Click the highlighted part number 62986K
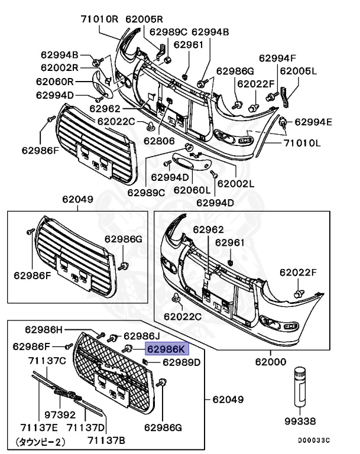167,349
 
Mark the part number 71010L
302,143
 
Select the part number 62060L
192,190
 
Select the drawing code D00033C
313,440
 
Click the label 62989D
181,362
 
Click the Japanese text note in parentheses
40,441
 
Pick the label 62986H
43,329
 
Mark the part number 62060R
55,82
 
